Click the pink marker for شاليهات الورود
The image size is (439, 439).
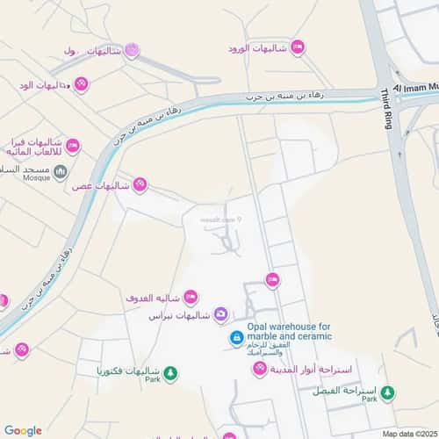[x=298, y=47]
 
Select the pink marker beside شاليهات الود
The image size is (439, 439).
[x=81, y=84]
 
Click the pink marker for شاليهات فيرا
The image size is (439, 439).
[x=73, y=145]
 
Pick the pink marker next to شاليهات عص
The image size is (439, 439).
[x=140, y=184]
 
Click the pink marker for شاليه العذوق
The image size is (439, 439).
[x=191, y=297]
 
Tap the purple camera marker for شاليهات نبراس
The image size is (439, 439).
[x=221, y=314]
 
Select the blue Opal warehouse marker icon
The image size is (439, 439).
[x=236, y=337]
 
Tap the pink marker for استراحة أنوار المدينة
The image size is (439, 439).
[x=260, y=368]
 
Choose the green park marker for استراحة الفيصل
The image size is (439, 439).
[x=387, y=392]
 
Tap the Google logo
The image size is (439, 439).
[x=23, y=430]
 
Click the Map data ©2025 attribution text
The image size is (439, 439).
[x=409, y=433]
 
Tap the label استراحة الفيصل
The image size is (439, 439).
[x=345, y=390]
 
